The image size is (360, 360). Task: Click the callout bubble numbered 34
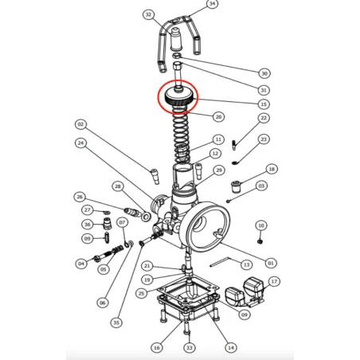click(x=211, y=4)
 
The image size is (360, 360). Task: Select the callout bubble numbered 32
click(x=148, y=14)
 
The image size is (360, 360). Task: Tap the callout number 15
click(x=264, y=104)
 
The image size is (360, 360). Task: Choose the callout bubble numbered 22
click(x=264, y=119)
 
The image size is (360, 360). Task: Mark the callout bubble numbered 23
click(x=264, y=139)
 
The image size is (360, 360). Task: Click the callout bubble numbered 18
click(x=272, y=169)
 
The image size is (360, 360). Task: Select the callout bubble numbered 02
click(x=80, y=124)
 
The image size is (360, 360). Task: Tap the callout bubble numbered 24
click(x=80, y=143)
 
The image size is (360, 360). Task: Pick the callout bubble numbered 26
click(x=79, y=197)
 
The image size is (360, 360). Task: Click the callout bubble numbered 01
click(x=271, y=263)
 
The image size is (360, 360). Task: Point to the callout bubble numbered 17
click(x=274, y=282)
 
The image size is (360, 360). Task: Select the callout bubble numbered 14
click(x=231, y=347)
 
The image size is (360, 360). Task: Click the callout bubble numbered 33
click(x=189, y=348)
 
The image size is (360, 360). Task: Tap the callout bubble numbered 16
click(x=156, y=348)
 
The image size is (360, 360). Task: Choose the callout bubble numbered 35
click(x=116, y=323)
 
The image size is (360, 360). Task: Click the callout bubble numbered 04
click(x=80, y=264)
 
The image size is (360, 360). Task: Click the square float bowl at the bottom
click(x=189, y=307)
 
